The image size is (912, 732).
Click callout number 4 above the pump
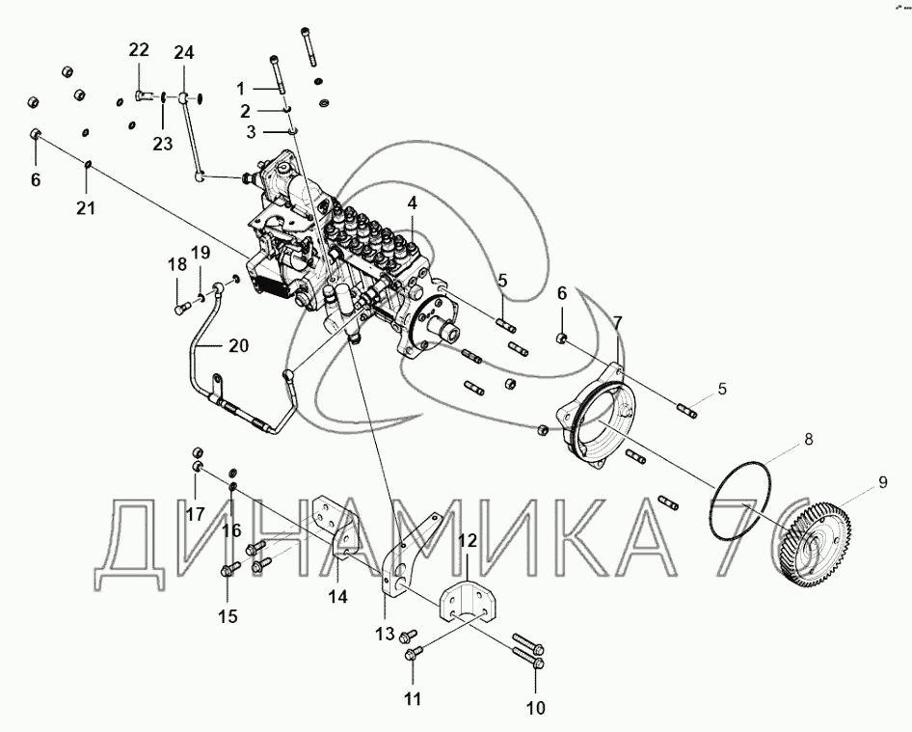412,203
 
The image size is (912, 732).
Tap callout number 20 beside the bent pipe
239,345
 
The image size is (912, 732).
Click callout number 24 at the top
184,52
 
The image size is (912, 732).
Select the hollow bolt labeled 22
143,95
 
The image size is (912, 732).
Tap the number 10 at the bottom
536,708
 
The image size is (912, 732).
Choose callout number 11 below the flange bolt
413,698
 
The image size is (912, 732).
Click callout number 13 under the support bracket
385,634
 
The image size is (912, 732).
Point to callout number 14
338,596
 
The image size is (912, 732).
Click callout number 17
196,514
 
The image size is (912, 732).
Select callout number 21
86,207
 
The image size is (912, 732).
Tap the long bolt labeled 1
277,74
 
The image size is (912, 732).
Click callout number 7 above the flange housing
618,322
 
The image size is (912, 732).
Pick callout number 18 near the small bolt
177,264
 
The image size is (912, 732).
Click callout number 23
163,143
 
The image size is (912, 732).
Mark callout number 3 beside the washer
251,132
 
